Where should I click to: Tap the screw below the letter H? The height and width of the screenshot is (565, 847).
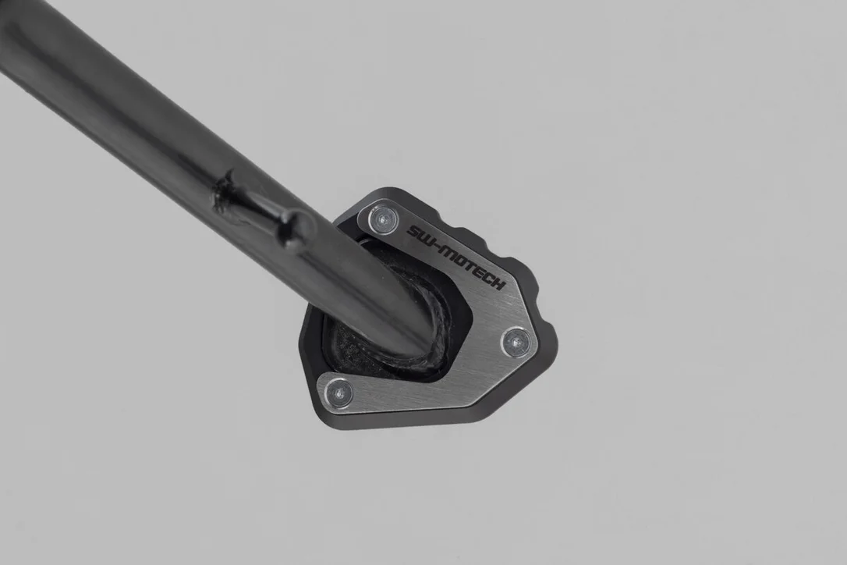[x=516, y=341]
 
